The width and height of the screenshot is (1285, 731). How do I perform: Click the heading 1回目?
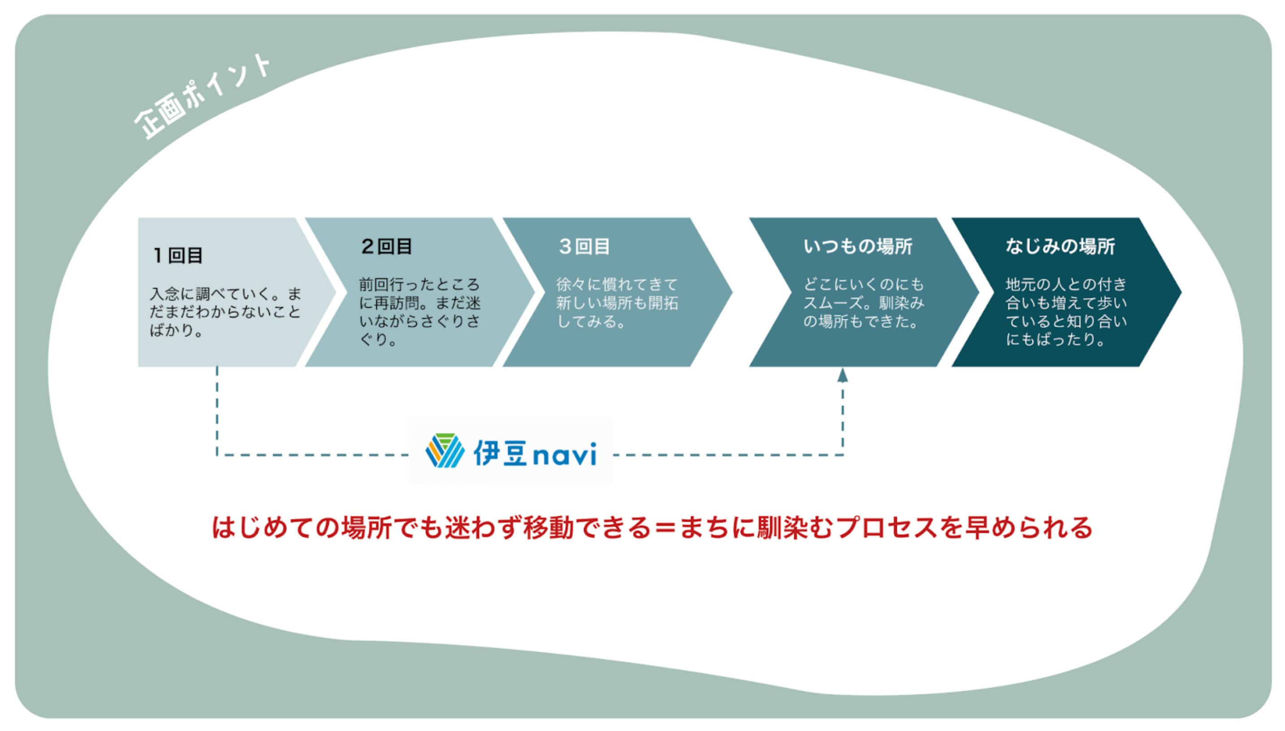pos(178,256)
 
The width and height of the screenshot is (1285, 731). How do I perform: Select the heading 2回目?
pos(386,247)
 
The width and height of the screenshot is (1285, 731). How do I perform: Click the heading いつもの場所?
pos(858,247)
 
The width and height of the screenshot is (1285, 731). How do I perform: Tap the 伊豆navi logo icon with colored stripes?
pos(444,451)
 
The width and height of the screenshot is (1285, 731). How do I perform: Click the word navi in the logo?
pos(564,454)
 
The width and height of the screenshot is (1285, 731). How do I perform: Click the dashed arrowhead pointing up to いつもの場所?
pos(843,375)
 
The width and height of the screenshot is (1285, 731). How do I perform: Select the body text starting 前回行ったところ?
pos(420,312)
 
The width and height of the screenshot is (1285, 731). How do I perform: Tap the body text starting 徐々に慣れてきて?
pos(616,303)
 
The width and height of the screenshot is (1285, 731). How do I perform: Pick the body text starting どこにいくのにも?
pos(863,303)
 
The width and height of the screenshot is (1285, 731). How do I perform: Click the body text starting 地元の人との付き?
pos(1066,312)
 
